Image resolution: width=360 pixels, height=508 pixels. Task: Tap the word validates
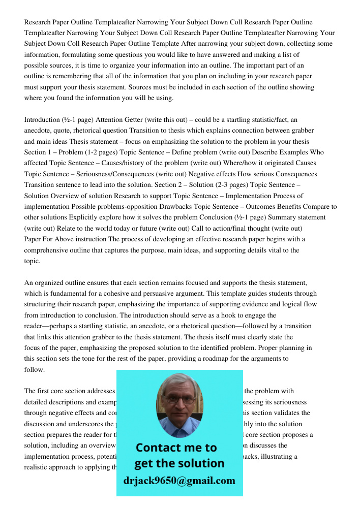293,413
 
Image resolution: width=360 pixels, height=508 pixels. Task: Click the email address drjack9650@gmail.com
179,481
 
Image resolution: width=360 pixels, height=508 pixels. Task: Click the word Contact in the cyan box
161,448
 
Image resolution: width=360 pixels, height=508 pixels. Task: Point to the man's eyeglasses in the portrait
179,399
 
